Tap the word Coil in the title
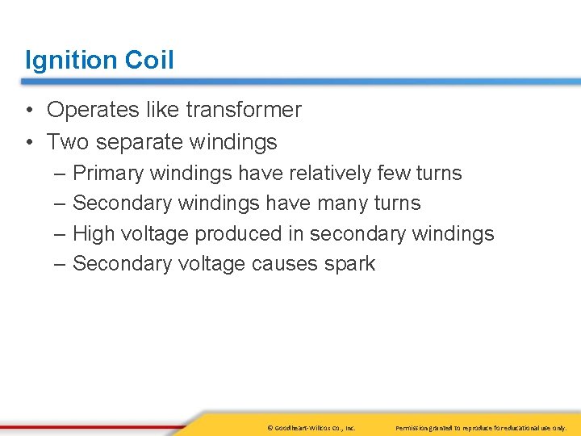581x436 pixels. click(x=149, y=60)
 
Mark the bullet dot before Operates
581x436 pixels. click(x=29, y=111)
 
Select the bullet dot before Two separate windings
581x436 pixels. click(x=29, y=143)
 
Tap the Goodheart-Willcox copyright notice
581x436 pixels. click(x=311, y=426)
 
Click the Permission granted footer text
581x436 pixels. click(x=481, y=426)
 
